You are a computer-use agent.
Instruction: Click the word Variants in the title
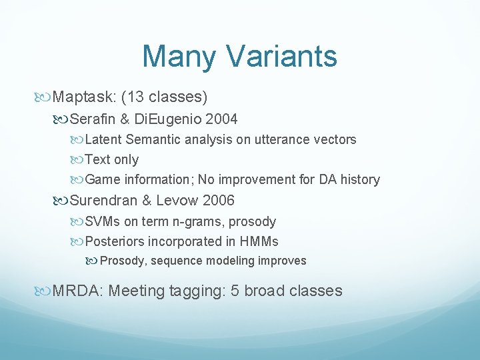pyautogui.click(x=285, y=57)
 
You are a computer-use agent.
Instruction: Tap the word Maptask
pyautogui.click(x=83, y=97)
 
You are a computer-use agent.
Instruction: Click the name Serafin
pyautogui.click(x=93, y=119)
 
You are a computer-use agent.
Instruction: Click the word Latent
pyautogui.click(x=103, y=139)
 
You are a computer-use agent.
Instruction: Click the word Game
pyautogui.click(x=102, y=179)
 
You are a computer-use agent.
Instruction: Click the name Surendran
pyautogui.click(x=102, y=200)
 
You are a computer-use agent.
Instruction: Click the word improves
pyautogui.click(x=283, y=261)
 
